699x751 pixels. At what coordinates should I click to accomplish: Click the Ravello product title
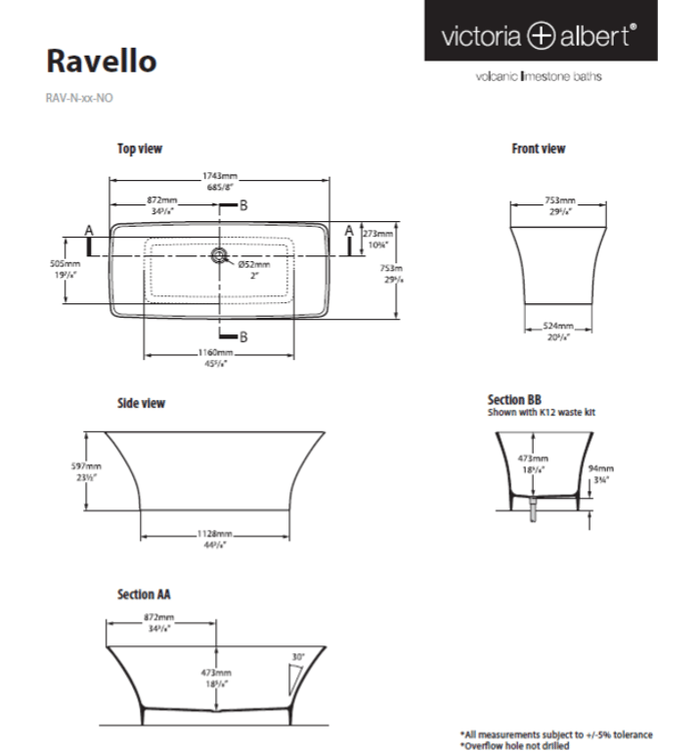click(102, 61)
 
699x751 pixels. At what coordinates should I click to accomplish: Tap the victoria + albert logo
click(540, 36)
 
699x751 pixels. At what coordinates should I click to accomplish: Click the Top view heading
click(140, 149)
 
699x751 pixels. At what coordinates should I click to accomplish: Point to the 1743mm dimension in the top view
click(220, 176)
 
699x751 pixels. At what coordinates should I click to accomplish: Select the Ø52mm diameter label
click(255, 264)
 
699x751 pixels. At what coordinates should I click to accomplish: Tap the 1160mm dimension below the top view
click(218, 352)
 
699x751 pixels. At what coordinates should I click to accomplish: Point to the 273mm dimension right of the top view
click(377, 235)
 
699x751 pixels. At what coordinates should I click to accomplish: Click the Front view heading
click(539, 149)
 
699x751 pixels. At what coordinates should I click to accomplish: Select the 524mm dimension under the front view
click(558, 326)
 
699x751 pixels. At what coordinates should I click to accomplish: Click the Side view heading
click(141, 403)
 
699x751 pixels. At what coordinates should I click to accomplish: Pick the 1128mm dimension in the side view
click(217, 535)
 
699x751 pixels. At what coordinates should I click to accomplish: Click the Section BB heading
click(514, 400)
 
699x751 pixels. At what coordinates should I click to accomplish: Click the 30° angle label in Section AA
click(298, 656)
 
